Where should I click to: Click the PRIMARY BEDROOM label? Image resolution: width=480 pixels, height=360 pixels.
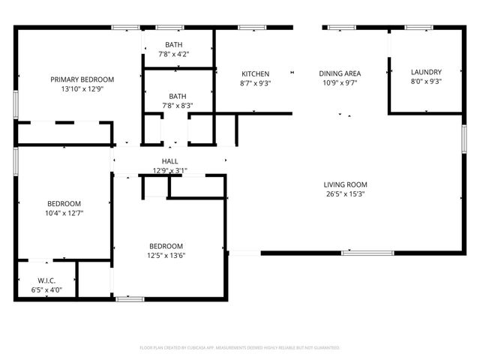pyautogui.click(x=82, y=79)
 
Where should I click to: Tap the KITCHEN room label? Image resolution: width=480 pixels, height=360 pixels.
pyautogui.click(x=256, y=73)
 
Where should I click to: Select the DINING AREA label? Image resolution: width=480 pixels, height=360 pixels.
pyautogui.click(x=340, y=73)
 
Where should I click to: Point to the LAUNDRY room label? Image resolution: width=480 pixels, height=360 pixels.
pyautogui.click(x=426, y=72)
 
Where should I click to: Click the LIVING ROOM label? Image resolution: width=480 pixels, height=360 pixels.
pyautogui.click(x=345, y=184)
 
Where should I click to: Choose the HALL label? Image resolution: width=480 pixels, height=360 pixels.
pyautogui.click(x=169, y=161)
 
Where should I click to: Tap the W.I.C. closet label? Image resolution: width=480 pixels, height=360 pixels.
pyautogui.click(x=46, y=280)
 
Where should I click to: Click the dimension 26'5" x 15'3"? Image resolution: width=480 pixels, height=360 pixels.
pyautogui.click(x=345, y=193)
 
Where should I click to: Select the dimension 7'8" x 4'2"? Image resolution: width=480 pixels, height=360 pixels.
pyautogui.click(x=173, y=54)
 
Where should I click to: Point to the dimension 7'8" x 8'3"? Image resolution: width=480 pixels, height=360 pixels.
pyautogui.click(x=178, y=106)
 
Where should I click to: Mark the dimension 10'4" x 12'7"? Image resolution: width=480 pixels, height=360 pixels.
pyautogui.click(x=64, y=213)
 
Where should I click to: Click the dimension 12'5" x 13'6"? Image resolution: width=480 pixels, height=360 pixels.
pyautogui.click(x=166, y=255)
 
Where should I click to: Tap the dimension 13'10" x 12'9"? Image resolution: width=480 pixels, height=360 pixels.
pyautogui.click(x=82, y=89)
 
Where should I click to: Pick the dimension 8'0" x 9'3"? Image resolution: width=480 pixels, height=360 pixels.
pyautogui.click(x=426, y=82)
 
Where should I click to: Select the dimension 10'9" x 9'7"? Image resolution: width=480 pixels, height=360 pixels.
pyautogui.click(x=340, y=83)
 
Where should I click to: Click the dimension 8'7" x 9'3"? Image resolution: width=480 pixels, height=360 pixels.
pyautogui.click(x=256, y=83)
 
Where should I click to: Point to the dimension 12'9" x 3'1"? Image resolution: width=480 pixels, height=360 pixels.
pyautogui.click(x=169, y=170)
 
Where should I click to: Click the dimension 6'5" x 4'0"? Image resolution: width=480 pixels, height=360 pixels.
pyautogui.click(x=46, y=289)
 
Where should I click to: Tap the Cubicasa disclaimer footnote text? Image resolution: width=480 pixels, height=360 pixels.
pyautogui.click(x=240, y=348)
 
